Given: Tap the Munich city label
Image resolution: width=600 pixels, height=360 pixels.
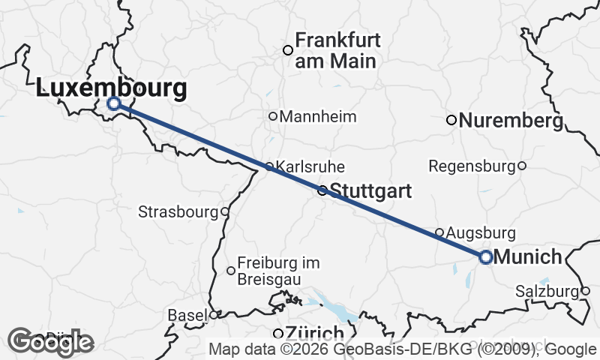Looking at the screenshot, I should tap(528, 257).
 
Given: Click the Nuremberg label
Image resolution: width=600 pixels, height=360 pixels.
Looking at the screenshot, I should tap(510, 120).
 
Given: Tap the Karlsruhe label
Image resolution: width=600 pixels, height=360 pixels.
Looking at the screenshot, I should tap(311, 166).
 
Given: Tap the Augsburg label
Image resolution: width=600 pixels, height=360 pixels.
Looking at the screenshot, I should tap(481, 232).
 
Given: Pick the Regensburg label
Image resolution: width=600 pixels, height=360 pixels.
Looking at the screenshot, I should tap(472, 165).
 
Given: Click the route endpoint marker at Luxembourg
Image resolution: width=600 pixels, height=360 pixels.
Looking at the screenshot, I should tap(114, 103).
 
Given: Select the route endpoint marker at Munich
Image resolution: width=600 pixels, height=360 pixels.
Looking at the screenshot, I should tap(485, 257).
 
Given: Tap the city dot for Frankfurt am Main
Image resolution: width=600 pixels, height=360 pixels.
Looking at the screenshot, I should tap(286, 50).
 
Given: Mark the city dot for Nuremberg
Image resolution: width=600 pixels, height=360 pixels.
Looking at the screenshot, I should tap(451, 120).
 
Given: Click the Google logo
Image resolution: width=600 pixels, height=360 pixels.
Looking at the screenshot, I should tap(52, 342).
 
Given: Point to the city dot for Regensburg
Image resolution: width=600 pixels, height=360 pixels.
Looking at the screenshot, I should tap(522, 165).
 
